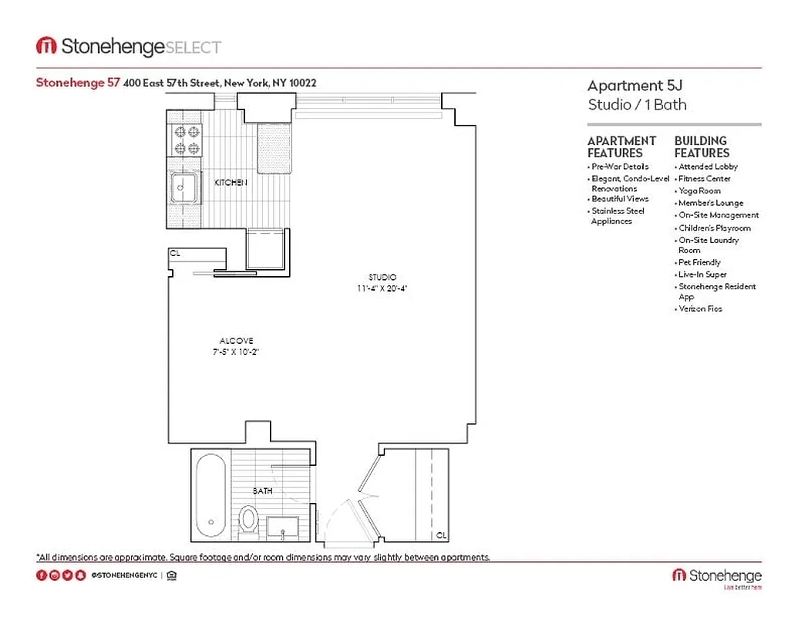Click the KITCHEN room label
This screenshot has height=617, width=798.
231,183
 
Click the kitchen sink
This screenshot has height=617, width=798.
184,187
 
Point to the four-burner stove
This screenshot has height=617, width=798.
186,140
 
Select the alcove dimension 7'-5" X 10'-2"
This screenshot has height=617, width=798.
236,352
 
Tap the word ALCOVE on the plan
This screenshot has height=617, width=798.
236,340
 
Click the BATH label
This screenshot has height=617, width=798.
262,491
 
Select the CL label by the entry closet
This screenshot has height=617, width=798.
440,534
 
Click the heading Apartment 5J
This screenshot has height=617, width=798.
625,86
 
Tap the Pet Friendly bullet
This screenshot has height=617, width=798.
699,262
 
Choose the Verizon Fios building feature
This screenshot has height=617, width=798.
700,308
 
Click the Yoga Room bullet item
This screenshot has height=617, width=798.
699,190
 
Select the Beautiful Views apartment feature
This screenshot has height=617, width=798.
620,199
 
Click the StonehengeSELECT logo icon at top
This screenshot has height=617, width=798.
46,46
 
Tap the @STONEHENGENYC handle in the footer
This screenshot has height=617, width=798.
125,575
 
